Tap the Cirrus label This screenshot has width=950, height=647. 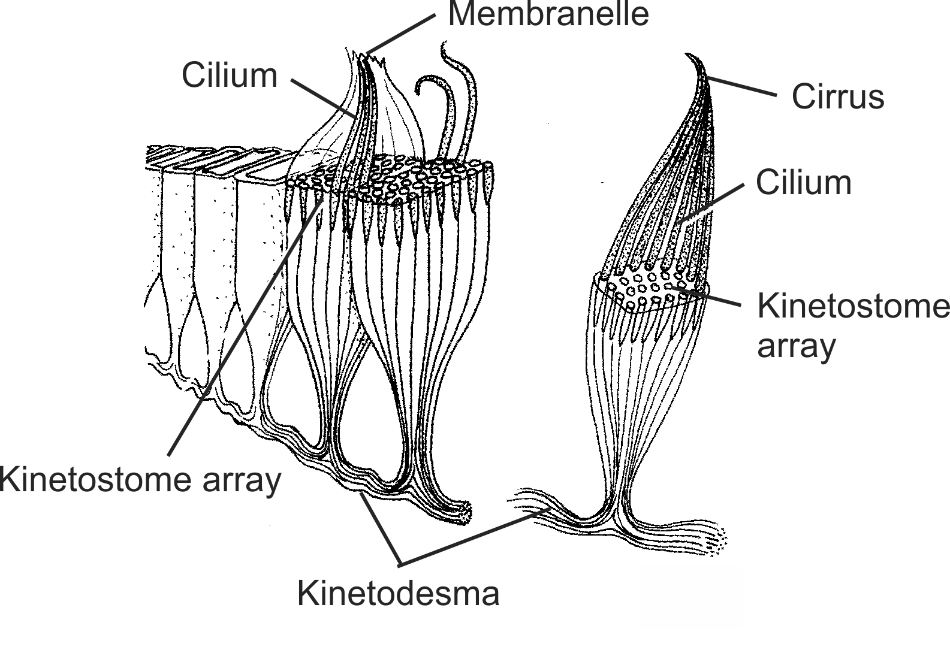pyautogui.click(x=837, y=96)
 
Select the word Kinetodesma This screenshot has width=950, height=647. pyautogui.click(x=398, y=594)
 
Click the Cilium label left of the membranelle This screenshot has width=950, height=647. pyautogui.click(x=230, y=75)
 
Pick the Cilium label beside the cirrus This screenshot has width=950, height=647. pyautogui.click(x=803, y=182)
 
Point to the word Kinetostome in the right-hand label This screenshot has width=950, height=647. pyautogui.click(x=853, y=306)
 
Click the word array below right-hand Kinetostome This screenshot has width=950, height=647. pyautogui.click(x=796, y=346)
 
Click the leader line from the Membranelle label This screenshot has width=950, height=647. pyautogui.click(x=400, y=33)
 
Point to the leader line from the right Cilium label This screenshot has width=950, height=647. pyautogui.click(x=710, y=204)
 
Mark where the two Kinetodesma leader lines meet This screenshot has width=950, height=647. pyautogui.click(x=400, y=564)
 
